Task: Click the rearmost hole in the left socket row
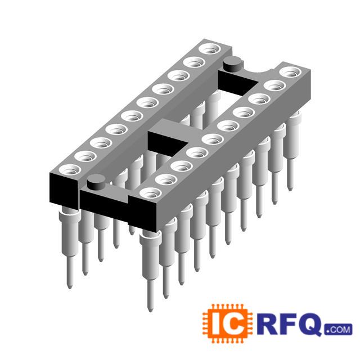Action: pyautogui.click(x=210, y=49)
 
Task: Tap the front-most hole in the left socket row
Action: pyautogui.click(x=70, y=170)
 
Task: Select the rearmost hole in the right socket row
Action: pyautogui.click(x=290, y=72)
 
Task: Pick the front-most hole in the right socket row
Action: pyautogui.click(x=150, y=193)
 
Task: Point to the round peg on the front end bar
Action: pyautogui.click(x=96, y=182)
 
